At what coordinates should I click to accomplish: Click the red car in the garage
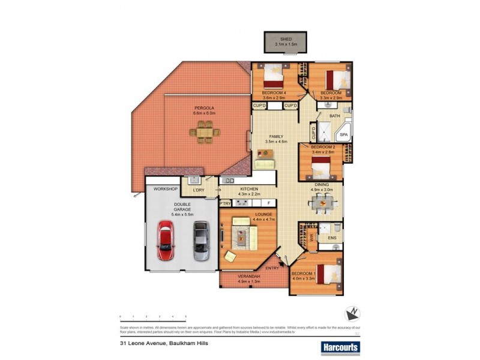pyautogui.click(x=165, y=241)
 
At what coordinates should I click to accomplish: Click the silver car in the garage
pyautogui.click(x=201, y=241)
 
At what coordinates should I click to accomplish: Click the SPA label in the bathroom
pyautogui.click(x=344, y=136)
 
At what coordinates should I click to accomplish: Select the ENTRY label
pyautogui.click(x=272, y=268)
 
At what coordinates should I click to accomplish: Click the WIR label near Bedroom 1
pyautogui.click(x=311, y=238)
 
